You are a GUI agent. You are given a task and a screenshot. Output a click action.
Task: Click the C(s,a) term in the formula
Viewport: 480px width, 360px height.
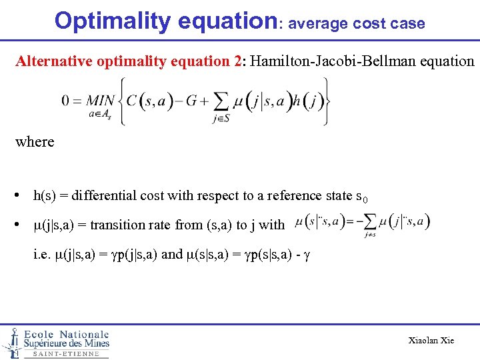(x=149, y=101)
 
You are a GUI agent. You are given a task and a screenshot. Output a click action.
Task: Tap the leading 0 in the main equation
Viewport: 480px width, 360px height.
(x=65, y=101)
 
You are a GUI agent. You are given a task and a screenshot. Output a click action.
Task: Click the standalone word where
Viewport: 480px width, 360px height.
(x=35, y=141)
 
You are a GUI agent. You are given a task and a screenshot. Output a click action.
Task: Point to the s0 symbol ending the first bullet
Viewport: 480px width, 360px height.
(x=362, y=197)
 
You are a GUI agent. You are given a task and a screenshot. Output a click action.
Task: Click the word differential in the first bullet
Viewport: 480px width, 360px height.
(x=99, y=195)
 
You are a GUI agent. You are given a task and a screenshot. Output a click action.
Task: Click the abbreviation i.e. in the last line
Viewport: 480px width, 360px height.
(x=41, y=254)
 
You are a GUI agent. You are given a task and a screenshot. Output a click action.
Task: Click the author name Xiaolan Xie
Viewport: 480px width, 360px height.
(x=431, y=340)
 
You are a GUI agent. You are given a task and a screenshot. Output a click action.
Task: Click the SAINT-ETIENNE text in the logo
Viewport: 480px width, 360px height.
(x=65, y=354)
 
